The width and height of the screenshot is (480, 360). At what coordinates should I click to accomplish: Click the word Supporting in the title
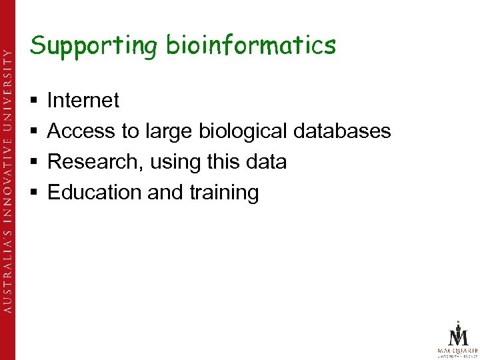(94, 46)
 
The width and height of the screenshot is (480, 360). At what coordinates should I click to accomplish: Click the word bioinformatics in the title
(251, 46)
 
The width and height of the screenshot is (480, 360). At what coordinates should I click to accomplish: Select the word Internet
(83, 101)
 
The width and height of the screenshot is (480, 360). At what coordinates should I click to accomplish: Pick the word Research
(95, 162)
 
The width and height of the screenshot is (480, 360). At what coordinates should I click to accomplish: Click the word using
(175, 163)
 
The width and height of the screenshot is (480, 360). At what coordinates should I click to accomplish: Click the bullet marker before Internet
(33, 101)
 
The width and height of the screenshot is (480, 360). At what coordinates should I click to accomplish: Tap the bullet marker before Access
(33, 132)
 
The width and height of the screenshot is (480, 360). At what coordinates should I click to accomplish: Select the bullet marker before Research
(33, 163)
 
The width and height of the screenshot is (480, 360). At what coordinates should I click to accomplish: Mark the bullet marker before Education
(33, 193)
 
